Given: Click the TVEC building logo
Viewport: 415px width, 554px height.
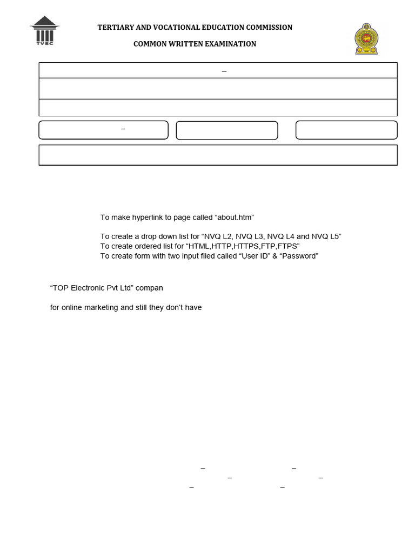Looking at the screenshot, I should (45, 30).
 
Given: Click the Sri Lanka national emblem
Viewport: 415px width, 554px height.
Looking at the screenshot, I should (366, 38).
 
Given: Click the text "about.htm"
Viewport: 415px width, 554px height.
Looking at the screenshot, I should (235, 217).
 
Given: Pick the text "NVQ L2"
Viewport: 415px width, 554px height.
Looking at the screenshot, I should (217, 236).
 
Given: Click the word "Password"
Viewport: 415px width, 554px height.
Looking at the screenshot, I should (299, 256).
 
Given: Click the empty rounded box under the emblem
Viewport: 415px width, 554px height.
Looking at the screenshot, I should (346, 130).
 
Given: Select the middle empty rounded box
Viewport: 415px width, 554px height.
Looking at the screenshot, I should (227, 130).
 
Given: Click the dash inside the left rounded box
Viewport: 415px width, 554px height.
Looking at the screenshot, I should (123, 129).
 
